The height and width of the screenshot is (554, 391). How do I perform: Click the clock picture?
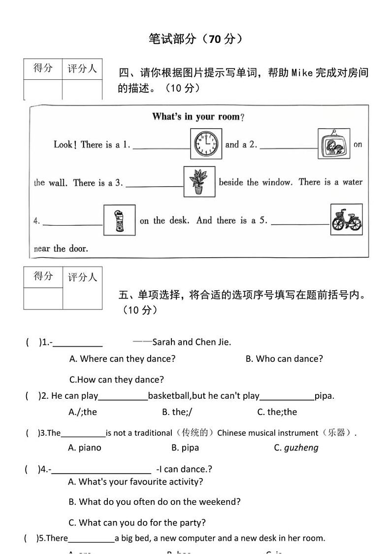(206, 144)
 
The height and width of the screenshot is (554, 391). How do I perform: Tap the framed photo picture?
(334, 144)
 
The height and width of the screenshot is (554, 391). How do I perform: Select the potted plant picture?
(199, 181)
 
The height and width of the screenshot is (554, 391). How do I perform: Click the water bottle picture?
(119, 220)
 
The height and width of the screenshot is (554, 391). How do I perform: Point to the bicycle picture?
(346, 219)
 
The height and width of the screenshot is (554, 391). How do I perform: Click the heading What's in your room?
(198, 117)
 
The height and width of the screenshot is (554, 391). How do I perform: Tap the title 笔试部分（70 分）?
(195, 39)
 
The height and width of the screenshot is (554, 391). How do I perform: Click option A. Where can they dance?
(122, 359)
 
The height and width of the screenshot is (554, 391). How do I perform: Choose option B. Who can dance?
(284, 359)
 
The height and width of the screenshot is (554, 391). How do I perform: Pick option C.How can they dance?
(116, 380)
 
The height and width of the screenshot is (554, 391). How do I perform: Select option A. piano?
(85, 448)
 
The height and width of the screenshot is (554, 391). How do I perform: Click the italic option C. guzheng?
(296, 448)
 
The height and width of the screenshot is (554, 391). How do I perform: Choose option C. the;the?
(277, 412)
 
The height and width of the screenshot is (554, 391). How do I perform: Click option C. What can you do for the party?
(137, 522)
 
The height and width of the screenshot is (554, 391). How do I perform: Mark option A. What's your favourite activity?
(135, 482)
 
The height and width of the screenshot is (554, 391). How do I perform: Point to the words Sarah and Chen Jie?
(192, 342)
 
